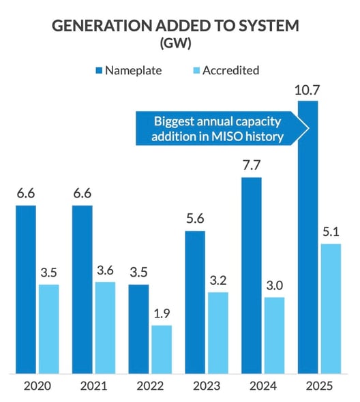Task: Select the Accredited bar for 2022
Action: (162, 349)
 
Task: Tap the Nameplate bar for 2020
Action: (26, 289)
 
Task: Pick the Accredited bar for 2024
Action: (274, 335)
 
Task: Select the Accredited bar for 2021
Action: (105, 327)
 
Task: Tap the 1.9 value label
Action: (162, 314)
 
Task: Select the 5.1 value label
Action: (331, 232)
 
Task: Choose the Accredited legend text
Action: (232, 69)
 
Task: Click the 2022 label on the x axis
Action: (150, 386)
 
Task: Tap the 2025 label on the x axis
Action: (319, 386)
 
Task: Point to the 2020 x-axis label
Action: (37, 386)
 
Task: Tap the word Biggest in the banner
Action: (175, 121)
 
